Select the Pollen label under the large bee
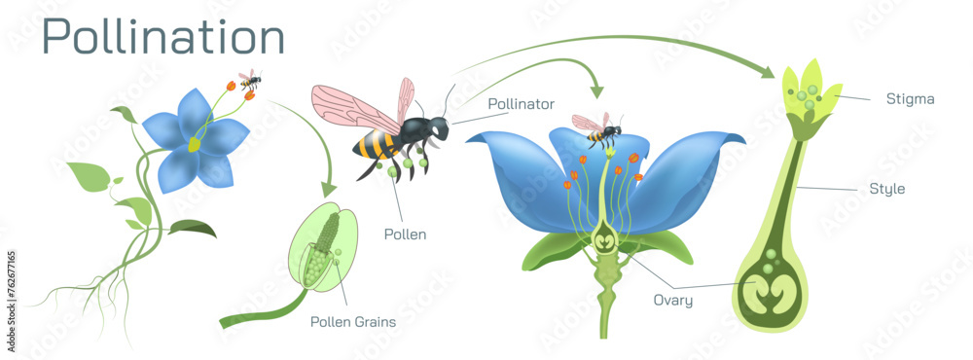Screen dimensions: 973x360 click(404, 234)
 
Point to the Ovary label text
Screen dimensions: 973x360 click(673, 301)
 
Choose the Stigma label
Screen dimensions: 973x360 click(910, 98)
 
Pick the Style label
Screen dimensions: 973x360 click(886, 189)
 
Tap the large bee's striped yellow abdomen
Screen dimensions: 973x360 click(374, 146)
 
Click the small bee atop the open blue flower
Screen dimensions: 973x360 click(596, 130)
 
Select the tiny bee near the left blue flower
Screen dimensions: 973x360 click(250, 81)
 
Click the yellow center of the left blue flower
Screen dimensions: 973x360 click(195, 145)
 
